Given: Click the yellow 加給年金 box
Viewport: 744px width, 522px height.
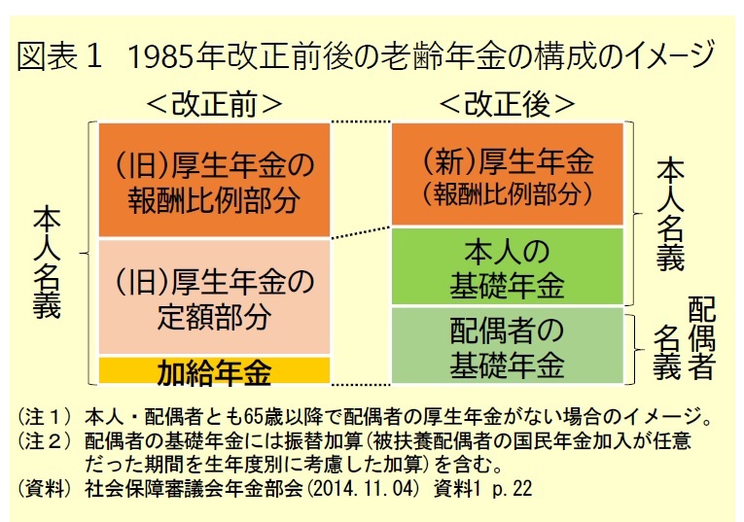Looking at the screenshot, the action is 214,370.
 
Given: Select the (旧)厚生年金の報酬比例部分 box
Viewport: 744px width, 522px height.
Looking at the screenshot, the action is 214,180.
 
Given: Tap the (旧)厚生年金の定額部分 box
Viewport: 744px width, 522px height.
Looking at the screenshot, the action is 214,296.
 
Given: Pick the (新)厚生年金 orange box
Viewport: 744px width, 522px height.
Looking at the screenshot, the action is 508,174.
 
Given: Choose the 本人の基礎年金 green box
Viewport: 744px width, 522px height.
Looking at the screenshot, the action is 508,266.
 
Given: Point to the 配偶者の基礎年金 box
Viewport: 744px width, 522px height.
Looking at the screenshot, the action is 508,345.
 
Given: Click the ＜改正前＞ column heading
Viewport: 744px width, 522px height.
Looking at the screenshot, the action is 215,104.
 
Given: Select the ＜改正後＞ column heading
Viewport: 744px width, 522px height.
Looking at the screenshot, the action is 508,104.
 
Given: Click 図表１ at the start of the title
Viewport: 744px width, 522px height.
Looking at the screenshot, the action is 59,56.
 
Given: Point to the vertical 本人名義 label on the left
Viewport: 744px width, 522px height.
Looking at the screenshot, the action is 47,261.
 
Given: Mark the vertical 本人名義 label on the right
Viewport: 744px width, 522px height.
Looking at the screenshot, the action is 670,215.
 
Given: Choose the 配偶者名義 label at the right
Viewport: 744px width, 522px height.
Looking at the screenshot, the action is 685,338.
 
